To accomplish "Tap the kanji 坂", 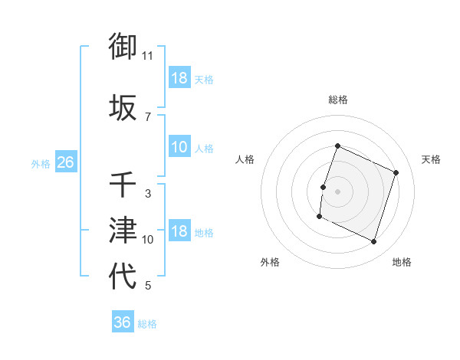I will click(123, 108).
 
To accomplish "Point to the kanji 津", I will click(123, 231).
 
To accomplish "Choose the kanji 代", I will click(123, 277).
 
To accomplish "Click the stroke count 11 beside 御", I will click(148, 56).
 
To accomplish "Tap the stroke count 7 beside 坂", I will click(148, 117).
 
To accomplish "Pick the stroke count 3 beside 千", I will click(148, 194).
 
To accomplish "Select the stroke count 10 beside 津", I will click(148, 240).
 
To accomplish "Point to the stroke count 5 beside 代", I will click(148, 286).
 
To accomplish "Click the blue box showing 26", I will click(65, 162).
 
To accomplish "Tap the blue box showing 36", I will click(123, 322).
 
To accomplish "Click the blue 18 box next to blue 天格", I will click(179, 77).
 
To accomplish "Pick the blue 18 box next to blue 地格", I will click(179, 231).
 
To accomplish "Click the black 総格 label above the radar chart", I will click(337, 100).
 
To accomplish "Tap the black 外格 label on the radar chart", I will click(270, 263).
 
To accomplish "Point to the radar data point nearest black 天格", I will click(396, 173).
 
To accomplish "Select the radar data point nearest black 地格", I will click(374, 242).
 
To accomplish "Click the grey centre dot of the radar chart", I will click(337, 191).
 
